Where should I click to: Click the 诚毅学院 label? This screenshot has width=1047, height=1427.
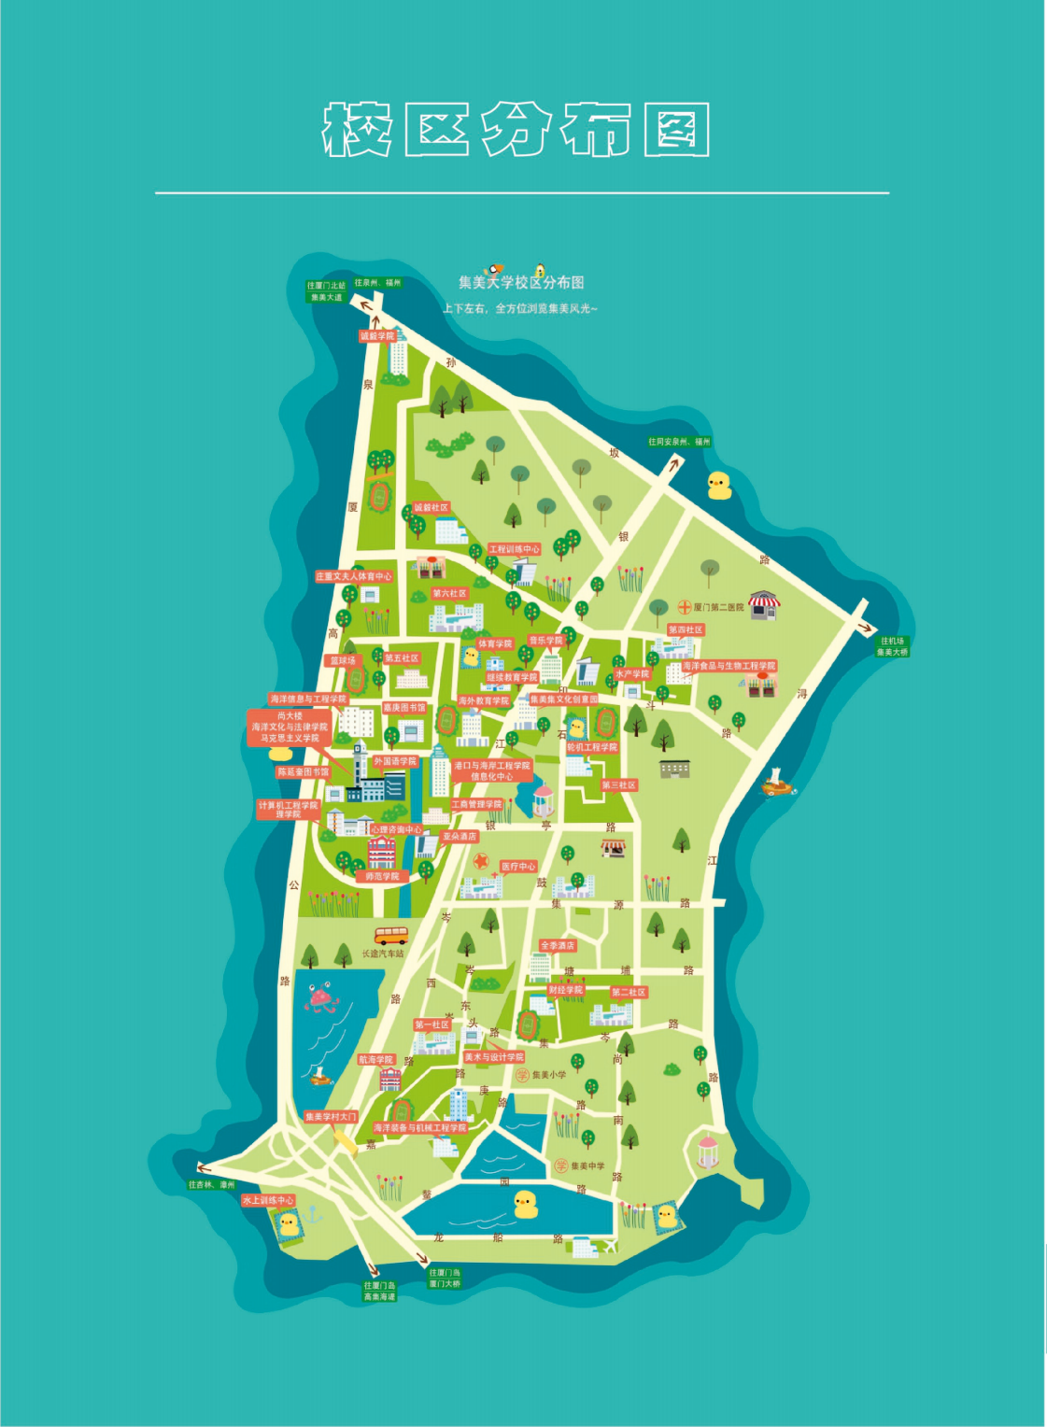click(377, 336)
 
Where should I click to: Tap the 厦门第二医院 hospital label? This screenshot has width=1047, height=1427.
click(717, 607)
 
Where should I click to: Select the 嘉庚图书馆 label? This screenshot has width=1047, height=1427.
click(404, 708)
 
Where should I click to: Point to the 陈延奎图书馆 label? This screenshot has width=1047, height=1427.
click(303, 772)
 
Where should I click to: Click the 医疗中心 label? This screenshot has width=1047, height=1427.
click(517, 867)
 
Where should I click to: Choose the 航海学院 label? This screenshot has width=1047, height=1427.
click(375, 1060)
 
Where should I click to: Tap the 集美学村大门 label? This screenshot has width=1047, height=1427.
click(331, 1117)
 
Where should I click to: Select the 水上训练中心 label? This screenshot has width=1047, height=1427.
click(268, 1200)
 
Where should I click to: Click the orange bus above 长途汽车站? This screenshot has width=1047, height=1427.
click(390, 934)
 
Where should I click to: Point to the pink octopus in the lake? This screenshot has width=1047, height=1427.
click(321, 998)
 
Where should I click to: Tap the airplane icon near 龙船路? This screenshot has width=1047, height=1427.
click(611, 1246)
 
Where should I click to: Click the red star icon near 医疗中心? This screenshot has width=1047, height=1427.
click(481, 861)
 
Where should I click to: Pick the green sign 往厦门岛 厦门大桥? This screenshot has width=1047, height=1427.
click(445, 1279)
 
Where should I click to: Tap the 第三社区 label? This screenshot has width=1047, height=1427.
click(618, 785)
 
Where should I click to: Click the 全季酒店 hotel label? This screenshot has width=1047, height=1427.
click(557, 945)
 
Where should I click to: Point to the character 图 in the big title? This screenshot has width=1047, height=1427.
click(676, 130)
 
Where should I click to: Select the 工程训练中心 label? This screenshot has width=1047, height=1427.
click(515, 549)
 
